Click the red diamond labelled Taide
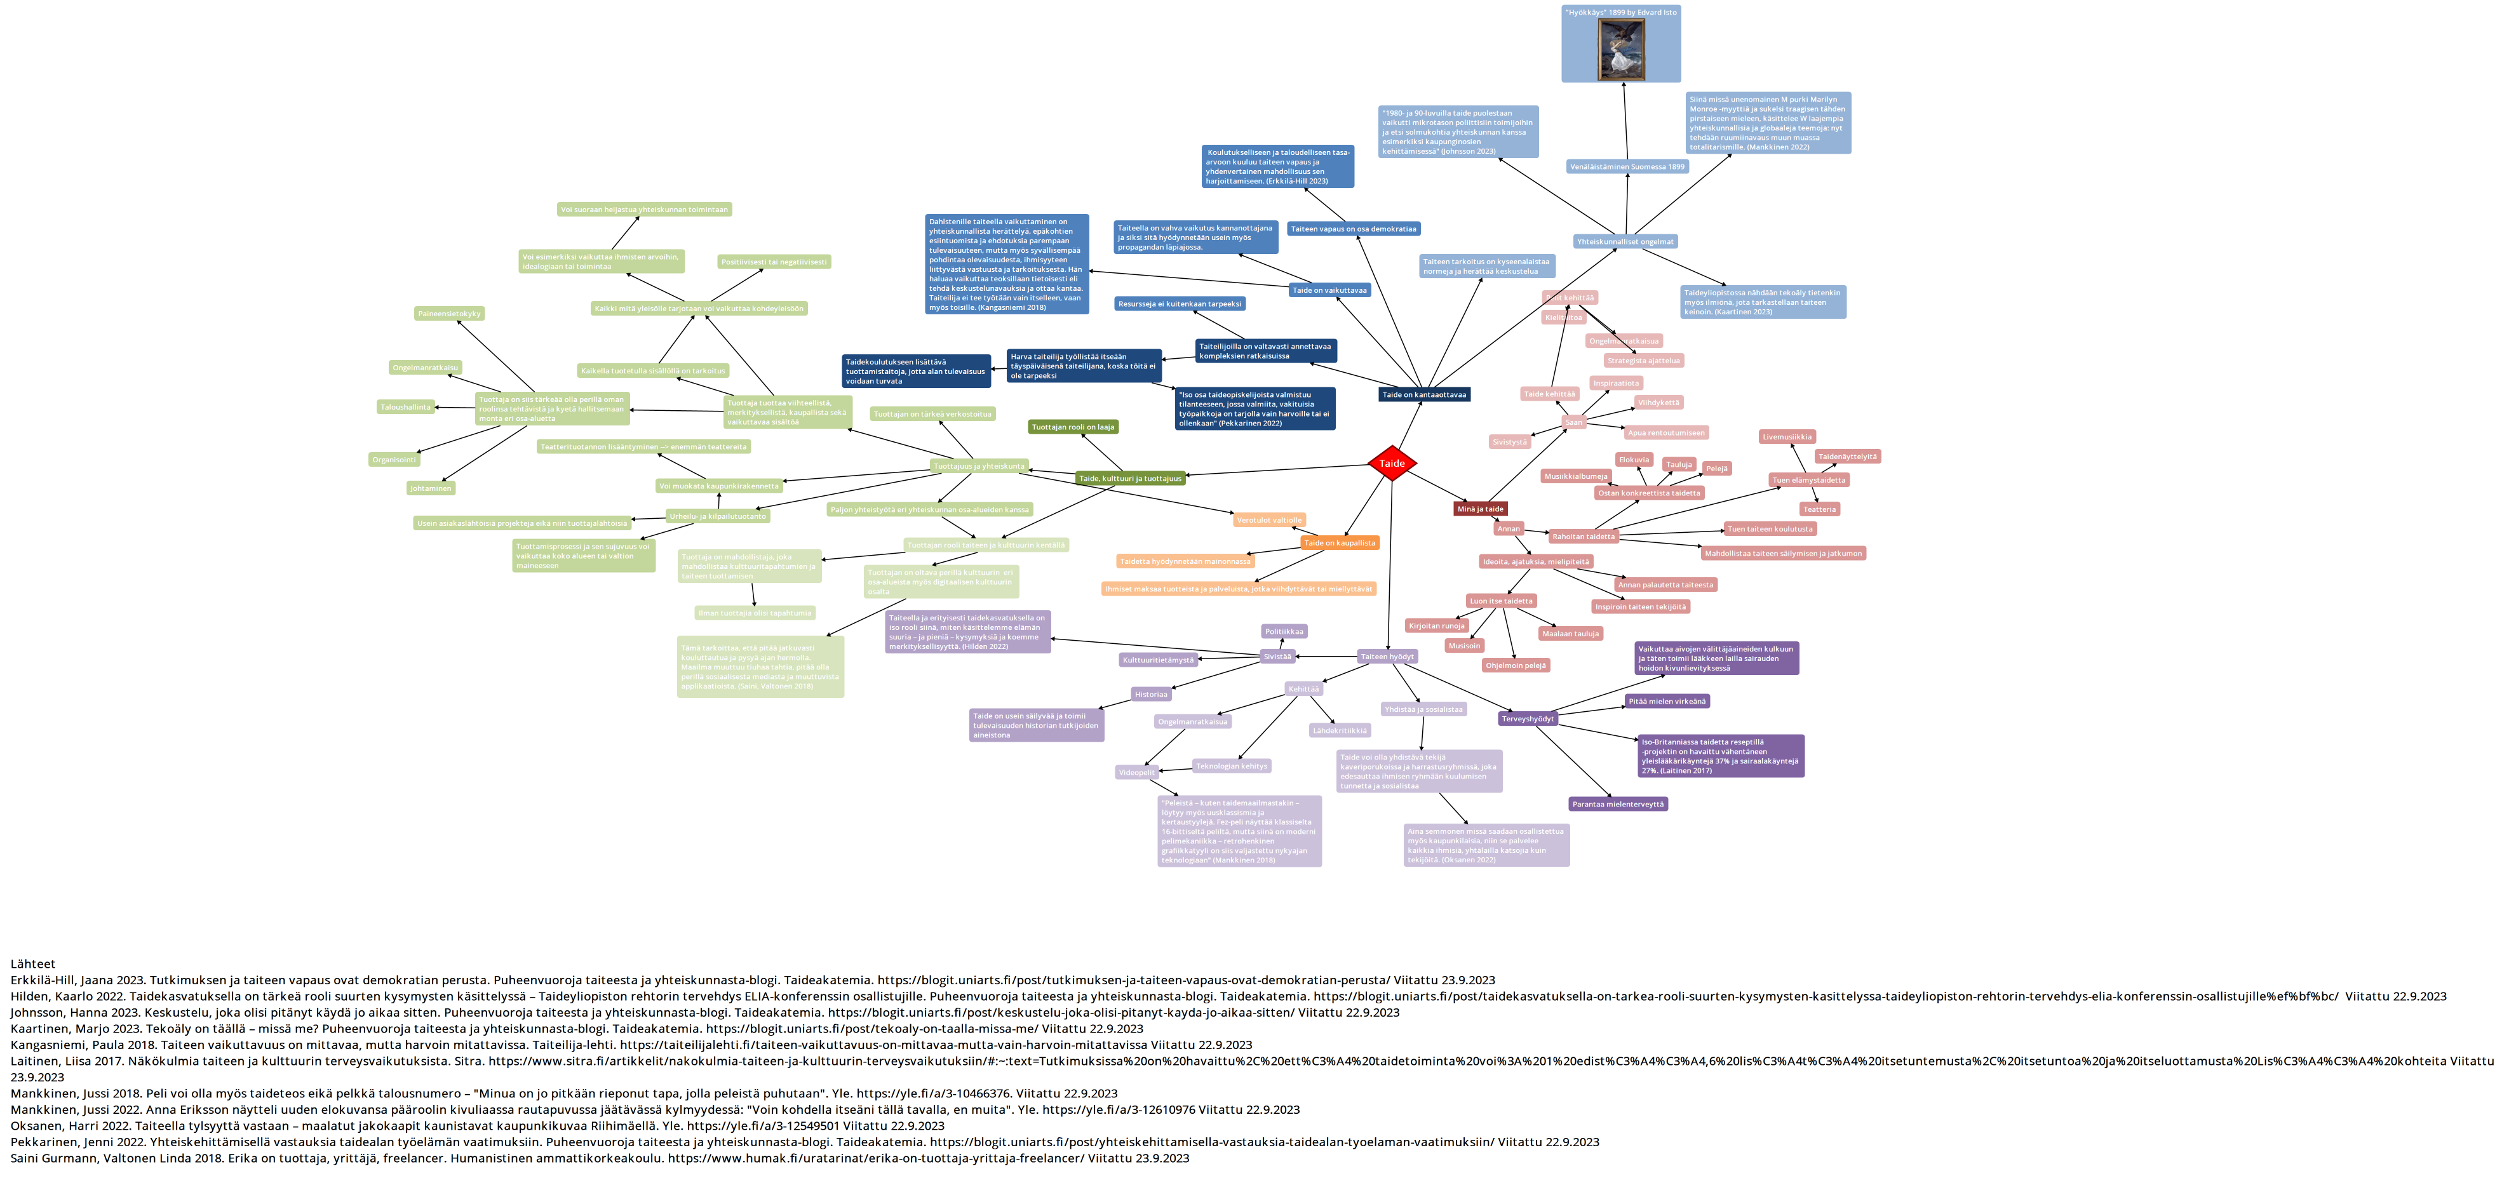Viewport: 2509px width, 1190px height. coord(1391,464)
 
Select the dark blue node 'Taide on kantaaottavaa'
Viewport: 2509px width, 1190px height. coord(1423,394)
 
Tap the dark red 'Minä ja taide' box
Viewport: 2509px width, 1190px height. coord(1479,509)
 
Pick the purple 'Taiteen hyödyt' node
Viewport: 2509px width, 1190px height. coord(1387,657)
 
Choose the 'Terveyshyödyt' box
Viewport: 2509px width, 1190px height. coord(1527,719)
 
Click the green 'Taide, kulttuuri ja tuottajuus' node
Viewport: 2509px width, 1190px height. coord(1130,478)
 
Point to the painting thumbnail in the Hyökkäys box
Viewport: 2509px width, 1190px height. coord(1621,50)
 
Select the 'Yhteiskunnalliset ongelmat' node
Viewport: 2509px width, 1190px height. coord(1625,241)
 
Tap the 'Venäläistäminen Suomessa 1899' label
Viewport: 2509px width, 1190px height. coord(1627,166)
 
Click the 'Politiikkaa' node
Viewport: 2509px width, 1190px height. coord(1284,631)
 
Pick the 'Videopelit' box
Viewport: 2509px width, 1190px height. coord(1136,772)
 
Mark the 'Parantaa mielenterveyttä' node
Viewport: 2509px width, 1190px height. coord(1618,805)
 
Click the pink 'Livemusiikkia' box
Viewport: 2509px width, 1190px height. coord(1786,438)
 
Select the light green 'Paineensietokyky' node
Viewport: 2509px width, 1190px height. coord(449,314)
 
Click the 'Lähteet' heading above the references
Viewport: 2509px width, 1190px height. coord(33,964)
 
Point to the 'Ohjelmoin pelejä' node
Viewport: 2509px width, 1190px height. coord(1516,665)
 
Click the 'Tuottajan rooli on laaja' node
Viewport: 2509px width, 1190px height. coord(1072,427)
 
